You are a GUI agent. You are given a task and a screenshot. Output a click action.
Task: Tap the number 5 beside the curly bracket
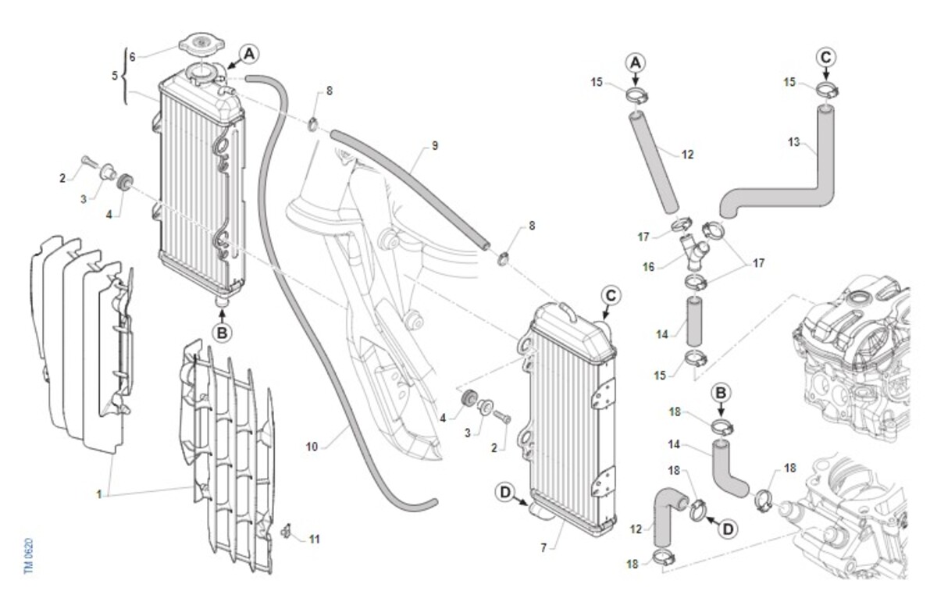(115, 76)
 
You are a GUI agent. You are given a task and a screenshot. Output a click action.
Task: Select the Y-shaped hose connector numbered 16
(693, 252)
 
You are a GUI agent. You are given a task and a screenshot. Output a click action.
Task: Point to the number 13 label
(794, 142)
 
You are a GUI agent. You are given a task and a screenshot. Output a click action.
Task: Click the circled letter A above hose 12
(636, 61)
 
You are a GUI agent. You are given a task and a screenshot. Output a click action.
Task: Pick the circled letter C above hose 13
(826, 56)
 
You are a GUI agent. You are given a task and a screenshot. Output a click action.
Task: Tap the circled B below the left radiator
(223, 333)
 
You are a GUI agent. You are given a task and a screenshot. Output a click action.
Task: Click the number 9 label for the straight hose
(435, 145)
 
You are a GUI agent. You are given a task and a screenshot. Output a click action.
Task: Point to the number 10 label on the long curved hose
(312, 447)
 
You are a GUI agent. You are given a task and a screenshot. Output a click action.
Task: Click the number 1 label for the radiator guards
(99, 494)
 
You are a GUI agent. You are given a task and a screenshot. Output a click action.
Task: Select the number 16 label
(648, 267)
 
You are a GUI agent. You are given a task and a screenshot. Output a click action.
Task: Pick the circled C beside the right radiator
(611, 295)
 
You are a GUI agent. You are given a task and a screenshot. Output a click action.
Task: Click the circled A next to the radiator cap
(248, 53)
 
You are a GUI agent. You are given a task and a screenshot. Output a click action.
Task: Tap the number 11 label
(314, 539)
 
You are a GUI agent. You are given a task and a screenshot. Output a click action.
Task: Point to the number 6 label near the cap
(132, 57)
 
